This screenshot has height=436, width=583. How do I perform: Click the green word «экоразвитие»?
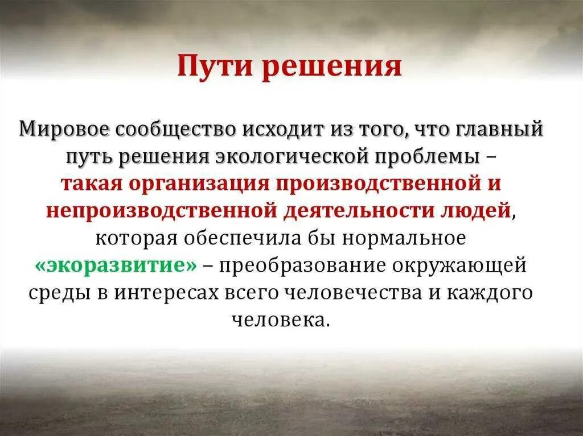(x=116, y=265)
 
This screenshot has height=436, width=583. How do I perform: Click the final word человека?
(x=281, y=319)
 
